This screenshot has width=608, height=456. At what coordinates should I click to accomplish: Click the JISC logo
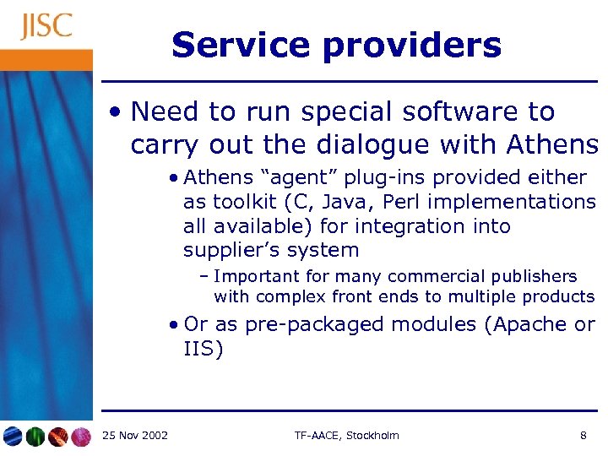[46, 26]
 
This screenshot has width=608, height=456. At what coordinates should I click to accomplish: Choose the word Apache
[527, 325]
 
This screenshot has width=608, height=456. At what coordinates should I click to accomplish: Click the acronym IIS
[204, 349]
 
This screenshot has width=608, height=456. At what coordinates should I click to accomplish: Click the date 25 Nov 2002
[134, 436]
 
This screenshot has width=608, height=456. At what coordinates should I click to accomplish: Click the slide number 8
[584, 436]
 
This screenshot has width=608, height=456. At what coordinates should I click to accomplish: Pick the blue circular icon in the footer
[13, 437]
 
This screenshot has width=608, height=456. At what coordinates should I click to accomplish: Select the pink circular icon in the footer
[80, 437]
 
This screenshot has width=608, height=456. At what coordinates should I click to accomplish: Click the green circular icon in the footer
[35, 437]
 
